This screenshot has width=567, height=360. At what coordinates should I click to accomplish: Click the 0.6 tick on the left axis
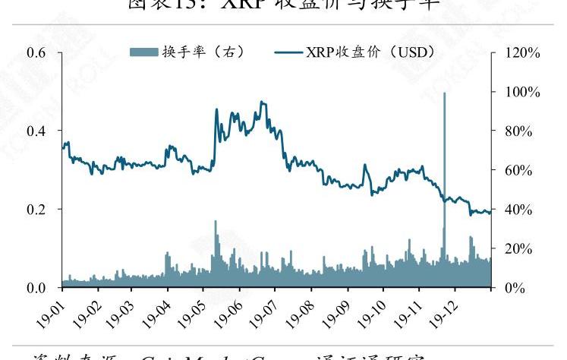coord(37,52)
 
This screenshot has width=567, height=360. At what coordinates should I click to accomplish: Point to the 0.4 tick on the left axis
coord(37,131)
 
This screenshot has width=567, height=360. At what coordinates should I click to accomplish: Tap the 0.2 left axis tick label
coord(37,209)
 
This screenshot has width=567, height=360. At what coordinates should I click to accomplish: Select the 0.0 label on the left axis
coord(37,287)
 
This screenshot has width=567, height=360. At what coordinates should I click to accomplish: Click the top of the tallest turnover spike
coord(444,93)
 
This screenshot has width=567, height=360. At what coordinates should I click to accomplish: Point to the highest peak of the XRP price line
coord(262,101)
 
